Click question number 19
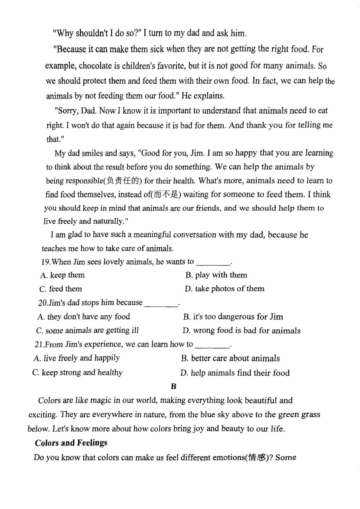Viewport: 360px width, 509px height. point(45,262)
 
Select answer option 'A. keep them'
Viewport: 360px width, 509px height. point(62,275)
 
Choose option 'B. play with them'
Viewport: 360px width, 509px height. point(216,275)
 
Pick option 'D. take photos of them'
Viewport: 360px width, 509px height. point(224,289)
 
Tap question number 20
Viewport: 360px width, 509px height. point(43,303)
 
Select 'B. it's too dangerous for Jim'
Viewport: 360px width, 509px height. point(233,317)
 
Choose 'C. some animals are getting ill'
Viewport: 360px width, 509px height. point(88,331)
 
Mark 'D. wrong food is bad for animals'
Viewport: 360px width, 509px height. point(241,331)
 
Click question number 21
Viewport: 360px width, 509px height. point(39,345)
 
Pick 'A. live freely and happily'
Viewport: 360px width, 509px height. point(77,358)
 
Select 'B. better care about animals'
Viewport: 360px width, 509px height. point(230,358)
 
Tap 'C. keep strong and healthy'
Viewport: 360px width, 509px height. point(77,373)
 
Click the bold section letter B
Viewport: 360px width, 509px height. point(174,386)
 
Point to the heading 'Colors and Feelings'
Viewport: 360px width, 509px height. point(71,443)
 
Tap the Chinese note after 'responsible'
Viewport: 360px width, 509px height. point(124,181)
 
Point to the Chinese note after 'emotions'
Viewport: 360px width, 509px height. point(257,457)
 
